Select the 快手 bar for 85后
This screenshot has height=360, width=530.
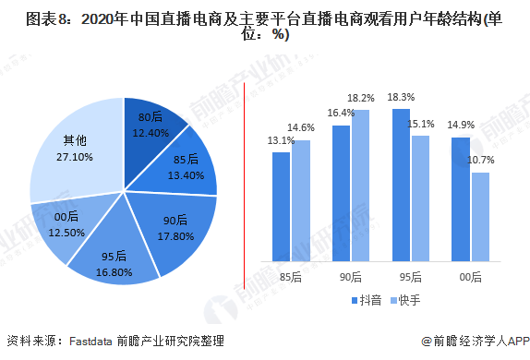point(301,198)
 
